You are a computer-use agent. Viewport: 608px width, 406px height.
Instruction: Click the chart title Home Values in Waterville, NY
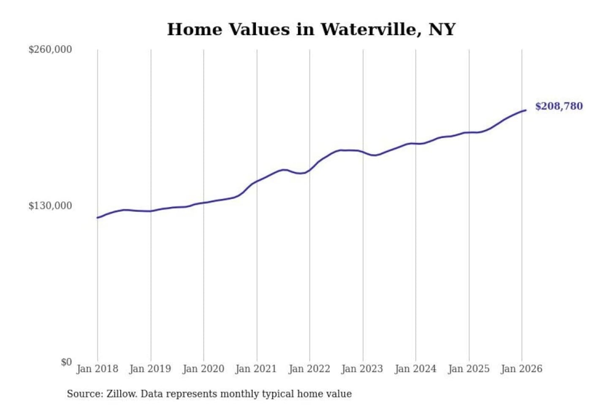click(311, 29)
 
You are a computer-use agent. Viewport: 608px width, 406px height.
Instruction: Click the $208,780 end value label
click(559, 106)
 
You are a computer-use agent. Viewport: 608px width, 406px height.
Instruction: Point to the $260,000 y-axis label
click(50, 49)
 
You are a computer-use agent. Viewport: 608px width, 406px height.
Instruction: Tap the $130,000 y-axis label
click(50, 206)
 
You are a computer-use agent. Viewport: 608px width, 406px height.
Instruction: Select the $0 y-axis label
click(66, 362)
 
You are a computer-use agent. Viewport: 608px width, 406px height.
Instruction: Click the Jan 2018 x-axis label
click(97, 369)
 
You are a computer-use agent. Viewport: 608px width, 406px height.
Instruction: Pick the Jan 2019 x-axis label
click(150, 369)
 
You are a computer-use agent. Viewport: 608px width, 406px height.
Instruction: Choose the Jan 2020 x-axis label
click(203, 369)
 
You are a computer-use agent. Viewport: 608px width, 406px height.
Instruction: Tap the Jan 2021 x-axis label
click(256, 369)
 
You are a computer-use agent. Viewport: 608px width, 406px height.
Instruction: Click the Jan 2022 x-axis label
click(309, 369)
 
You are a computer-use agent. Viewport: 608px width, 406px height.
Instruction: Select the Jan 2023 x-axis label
click(362, 369)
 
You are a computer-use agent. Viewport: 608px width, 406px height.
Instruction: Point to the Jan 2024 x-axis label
click(415, 369)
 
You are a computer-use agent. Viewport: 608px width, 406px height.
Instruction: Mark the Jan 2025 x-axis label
click(468, 369)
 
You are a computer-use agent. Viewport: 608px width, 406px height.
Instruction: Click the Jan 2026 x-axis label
click(521, 369)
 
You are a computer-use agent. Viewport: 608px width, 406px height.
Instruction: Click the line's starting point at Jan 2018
click(98, 218)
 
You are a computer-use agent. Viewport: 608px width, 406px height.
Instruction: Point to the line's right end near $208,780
click(526, 110)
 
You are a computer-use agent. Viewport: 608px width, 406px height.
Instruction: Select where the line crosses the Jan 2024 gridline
click(415, 144)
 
